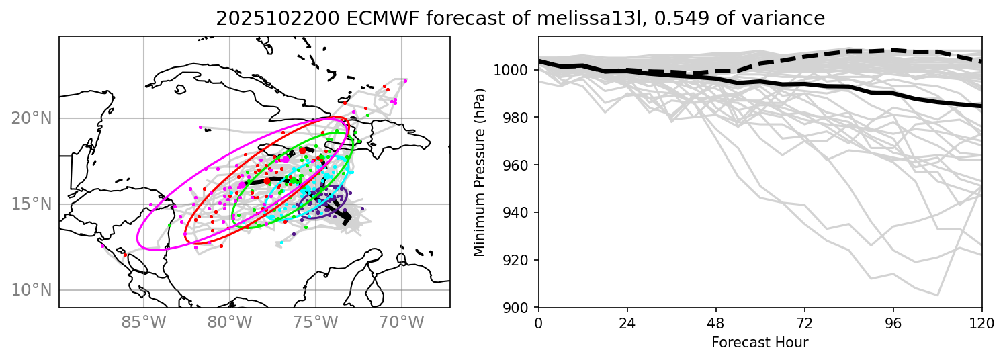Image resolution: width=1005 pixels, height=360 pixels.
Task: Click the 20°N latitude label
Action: click(x=32, y=118)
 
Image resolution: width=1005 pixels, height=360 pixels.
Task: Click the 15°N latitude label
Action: click(x=32, y=204)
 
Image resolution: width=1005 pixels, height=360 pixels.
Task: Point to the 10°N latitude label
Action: click(x=32, y=290)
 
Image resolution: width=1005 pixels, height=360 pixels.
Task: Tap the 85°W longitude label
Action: click(x=144, y=322)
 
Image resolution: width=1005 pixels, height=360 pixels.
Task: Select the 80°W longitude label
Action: click(x=230, y=322)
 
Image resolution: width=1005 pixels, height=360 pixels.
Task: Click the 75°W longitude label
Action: click(x=316, y=322)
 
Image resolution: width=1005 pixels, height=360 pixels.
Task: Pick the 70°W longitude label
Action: click(x=402, y=322)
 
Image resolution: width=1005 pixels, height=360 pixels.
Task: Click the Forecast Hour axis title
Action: click(x=760, y=343)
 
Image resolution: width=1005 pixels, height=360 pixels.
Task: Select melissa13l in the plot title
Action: click(x=584, y=19)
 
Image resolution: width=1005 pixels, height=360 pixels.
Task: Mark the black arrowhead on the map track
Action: click(x=346, y=218)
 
